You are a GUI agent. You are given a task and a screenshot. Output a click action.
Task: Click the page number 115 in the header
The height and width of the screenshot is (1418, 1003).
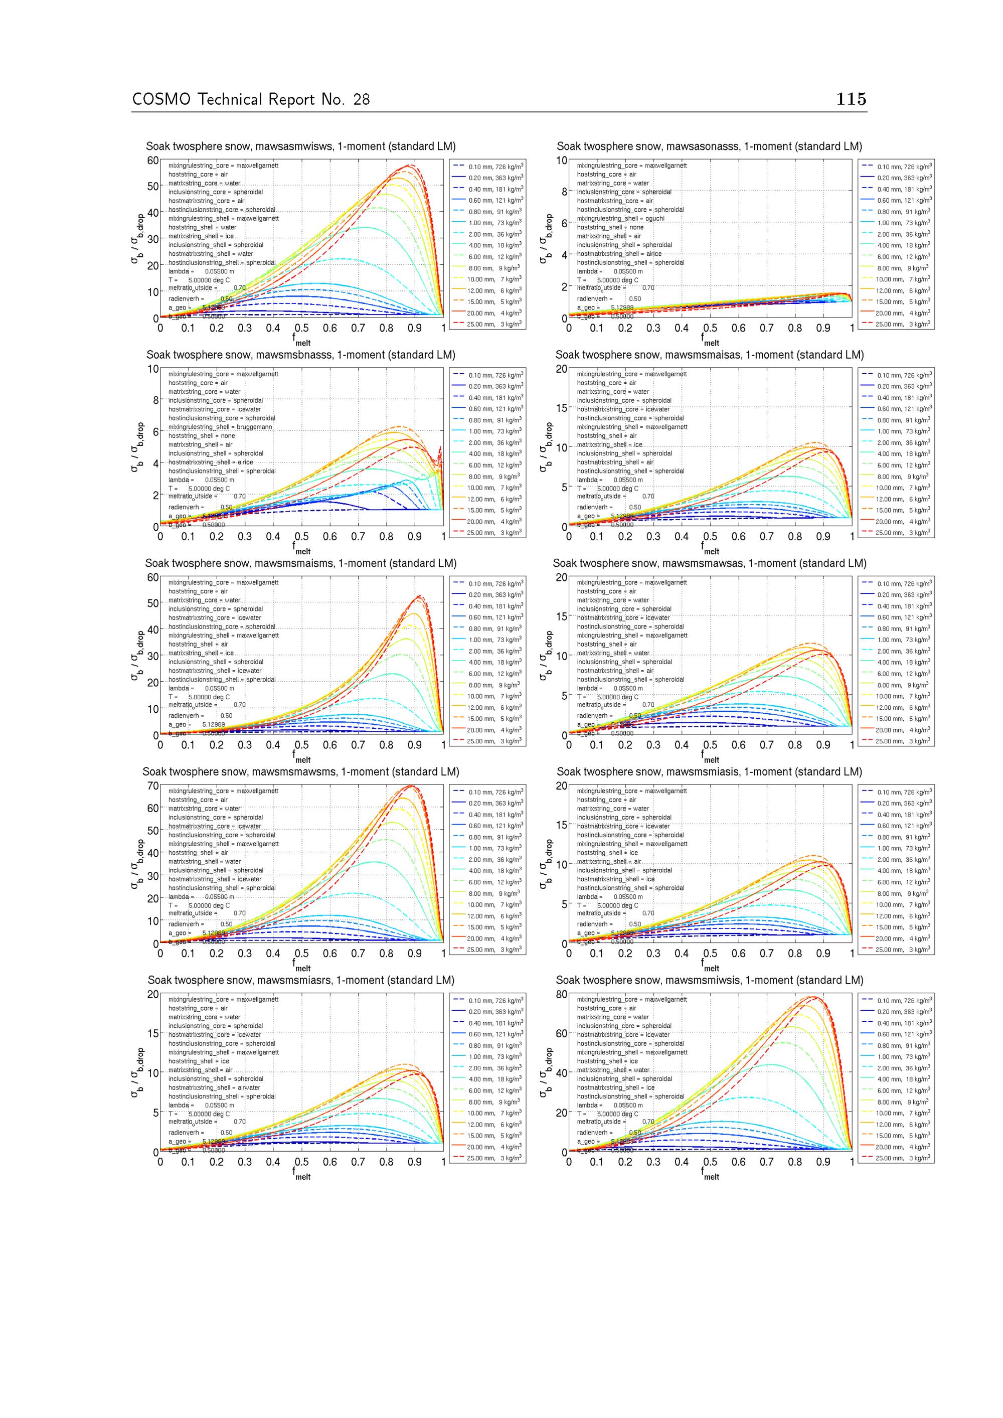[851, 99]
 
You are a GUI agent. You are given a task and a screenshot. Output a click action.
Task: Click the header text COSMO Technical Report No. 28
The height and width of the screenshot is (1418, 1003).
[251, 99]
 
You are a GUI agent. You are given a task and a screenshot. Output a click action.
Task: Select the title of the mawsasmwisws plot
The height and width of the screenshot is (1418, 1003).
[301, 146]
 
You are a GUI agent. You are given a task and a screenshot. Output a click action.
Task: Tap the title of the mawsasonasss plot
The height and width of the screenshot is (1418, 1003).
[709, 146]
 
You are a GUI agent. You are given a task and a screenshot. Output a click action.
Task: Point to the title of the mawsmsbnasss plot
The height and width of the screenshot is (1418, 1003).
[301, 355]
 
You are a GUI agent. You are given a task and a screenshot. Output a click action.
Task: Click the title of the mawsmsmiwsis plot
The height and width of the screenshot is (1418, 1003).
[709, 980]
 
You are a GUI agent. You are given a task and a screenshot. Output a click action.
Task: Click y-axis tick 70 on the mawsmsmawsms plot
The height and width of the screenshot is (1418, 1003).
[152, 786]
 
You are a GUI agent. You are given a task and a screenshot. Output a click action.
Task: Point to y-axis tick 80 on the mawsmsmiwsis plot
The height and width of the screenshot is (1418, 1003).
[561, 994]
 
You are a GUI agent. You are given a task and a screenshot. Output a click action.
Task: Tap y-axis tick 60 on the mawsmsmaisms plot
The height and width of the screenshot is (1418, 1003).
[152, 577]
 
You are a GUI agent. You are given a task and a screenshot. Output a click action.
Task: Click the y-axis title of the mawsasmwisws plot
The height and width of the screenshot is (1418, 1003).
[137, 239]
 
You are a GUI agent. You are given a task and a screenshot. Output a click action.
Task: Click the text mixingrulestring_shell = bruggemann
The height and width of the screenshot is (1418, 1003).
[223, 427]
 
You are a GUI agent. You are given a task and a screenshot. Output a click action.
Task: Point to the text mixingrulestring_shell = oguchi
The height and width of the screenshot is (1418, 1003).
[621, 219]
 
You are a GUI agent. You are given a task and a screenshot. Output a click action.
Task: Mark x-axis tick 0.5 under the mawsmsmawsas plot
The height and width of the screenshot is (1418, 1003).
[710, 745]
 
